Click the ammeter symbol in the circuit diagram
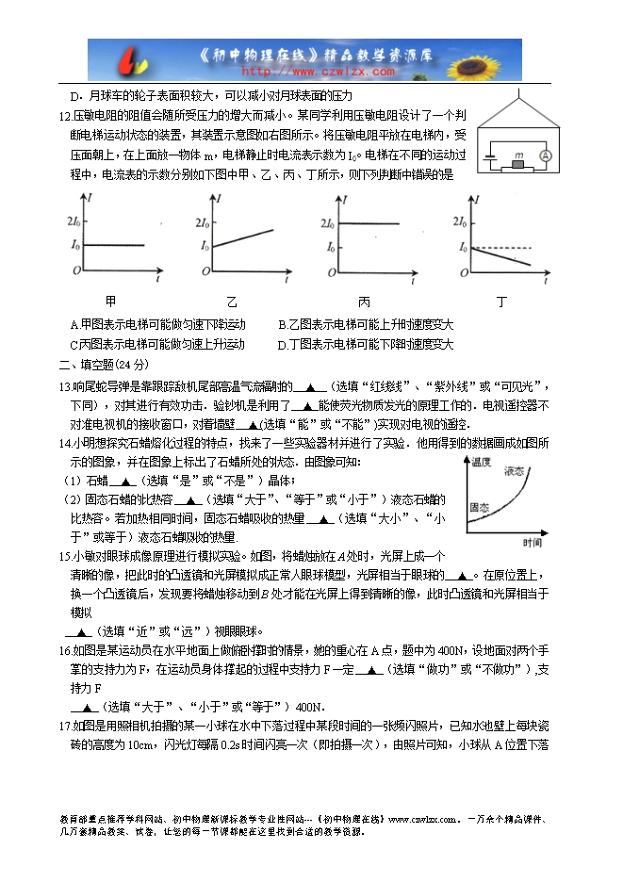tap(544, 155)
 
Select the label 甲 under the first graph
tap(110, 302)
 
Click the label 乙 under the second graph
tap(232, 302)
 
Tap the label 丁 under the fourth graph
tap(501, 302)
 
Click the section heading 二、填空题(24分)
tap(103, 365)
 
